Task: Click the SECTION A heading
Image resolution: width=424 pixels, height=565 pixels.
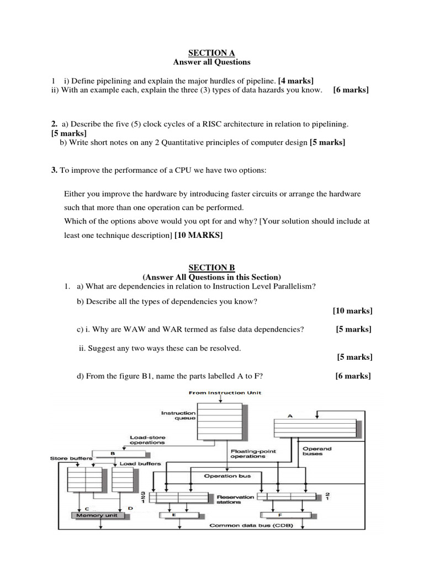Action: coord(211,53)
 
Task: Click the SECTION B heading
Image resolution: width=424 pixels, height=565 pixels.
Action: coord(211,268)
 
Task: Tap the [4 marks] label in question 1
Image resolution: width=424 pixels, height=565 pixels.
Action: coord(296,81)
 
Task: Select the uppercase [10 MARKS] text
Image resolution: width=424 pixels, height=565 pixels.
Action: coord(198,235)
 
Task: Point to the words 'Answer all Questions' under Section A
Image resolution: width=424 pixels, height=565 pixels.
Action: coord(211,62)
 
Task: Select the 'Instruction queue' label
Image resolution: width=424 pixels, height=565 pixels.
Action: coord(178,415)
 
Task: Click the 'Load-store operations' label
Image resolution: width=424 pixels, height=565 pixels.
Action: coord(147,440)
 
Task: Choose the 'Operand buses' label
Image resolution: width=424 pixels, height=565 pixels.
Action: coord(317,451)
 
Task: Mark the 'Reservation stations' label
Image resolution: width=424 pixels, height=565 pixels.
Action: coord(236,499)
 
